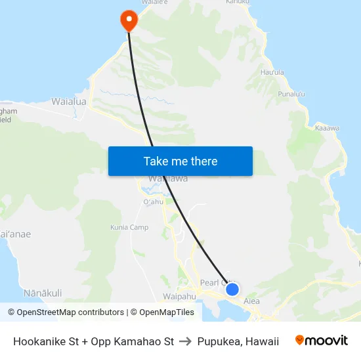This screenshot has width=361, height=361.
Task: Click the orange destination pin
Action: (x=128, y=20)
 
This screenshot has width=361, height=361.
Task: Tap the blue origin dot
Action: (x=232, y=289)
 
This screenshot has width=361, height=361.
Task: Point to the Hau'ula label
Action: (x=272, y=72)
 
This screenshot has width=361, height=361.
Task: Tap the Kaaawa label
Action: (x=327, y=128)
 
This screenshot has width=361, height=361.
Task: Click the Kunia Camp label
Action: (x=129, y=228)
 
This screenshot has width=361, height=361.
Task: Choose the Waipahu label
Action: (x=179, y=296)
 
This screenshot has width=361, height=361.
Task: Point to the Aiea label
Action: (x=252, y=301)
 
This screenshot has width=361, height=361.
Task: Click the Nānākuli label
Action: (x=43, y=292)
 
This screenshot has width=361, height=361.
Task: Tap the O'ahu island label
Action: (x=152, y=202)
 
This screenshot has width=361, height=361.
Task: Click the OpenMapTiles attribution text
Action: (x=166, y=312)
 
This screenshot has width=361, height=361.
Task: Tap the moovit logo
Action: (x=322, y=341)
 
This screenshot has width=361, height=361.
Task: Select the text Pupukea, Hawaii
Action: (x=238, y=341)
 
